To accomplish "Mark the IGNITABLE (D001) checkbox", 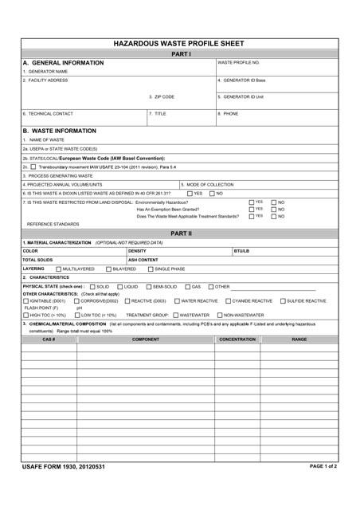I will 25,300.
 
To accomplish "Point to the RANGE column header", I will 299,339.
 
